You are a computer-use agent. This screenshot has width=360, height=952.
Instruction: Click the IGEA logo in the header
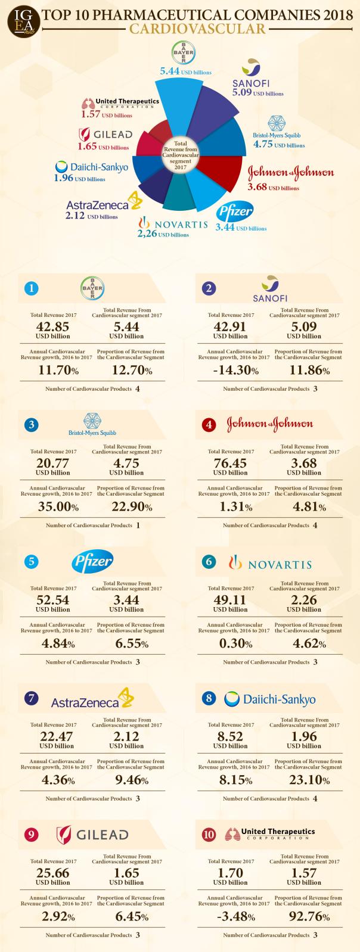(x=20, y=21)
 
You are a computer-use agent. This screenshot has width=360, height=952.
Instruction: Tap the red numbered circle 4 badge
(x=209, y=425)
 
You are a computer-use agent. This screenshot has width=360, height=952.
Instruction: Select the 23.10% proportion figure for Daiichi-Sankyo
(x=305, y=780)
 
